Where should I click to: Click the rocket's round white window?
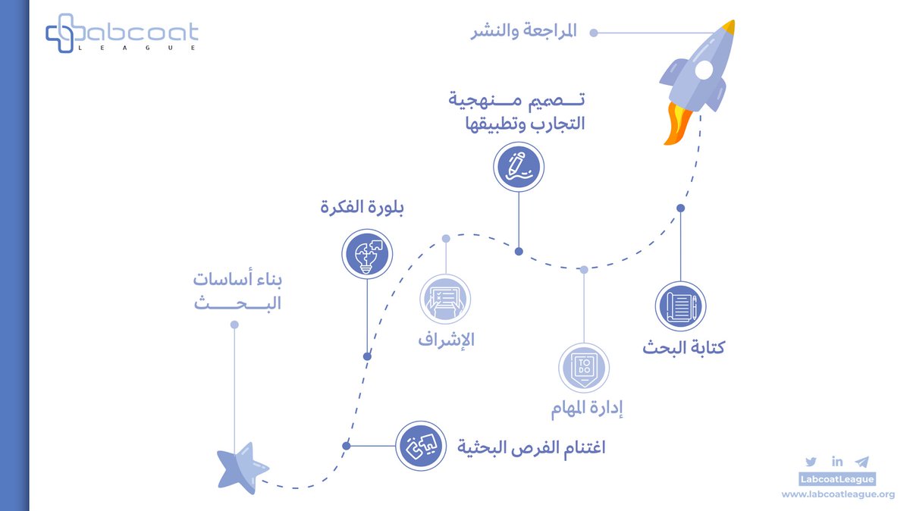coord(704,71)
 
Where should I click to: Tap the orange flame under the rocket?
coord(673,125)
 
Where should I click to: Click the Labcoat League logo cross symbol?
coord(63,33)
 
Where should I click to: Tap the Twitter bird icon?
coord(811,462)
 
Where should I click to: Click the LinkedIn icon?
coord(836,462)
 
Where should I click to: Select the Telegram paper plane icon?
coord(861,462)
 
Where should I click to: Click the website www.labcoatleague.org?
coord(838,494)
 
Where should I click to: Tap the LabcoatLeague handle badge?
coord(838,478)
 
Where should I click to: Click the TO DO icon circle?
coord(584,368)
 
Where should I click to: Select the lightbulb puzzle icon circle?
coord(366,253)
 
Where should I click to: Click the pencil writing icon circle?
coord(519,167)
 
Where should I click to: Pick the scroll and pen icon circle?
coord(680,306)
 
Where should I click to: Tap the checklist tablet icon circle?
coord(446,299)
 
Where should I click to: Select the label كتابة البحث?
coord(683,349)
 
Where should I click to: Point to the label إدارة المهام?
coord(586,410)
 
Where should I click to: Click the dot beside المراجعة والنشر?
coord(594,33)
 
